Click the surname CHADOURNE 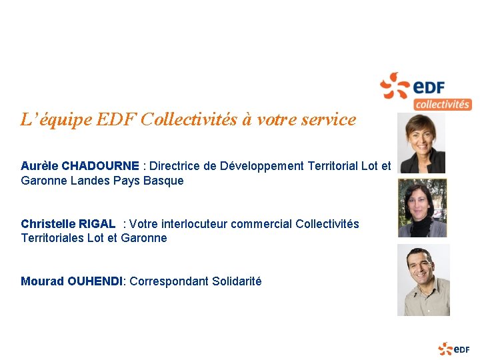[100, 166]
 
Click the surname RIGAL [97, 224]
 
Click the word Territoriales [52, 238]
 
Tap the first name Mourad [42, 281]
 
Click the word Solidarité [237, 281]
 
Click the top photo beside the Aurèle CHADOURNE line [421, 143]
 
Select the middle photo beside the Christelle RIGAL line [422, 208]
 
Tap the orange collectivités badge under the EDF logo [442, 104]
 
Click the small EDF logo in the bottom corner [454, 349]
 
